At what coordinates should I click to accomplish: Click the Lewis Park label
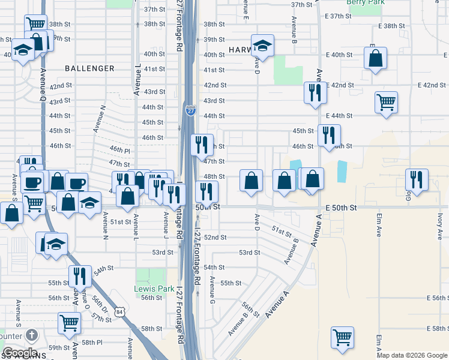point(154,289)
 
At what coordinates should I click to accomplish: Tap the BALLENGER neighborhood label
point(89,68)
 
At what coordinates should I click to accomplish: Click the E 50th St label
point(341,207)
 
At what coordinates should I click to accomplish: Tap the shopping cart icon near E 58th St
point(342,337)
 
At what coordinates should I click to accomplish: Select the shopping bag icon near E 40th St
point(376,58)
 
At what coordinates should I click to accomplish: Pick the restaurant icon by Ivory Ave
point(417,179)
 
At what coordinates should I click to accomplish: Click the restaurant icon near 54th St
point(80,276)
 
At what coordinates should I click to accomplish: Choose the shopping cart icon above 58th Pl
point(70,322)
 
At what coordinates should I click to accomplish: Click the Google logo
point(19,353)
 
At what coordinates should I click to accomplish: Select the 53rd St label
point(163,253)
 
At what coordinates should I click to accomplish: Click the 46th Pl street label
point(120,149)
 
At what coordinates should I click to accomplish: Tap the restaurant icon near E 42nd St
point(315,92)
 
